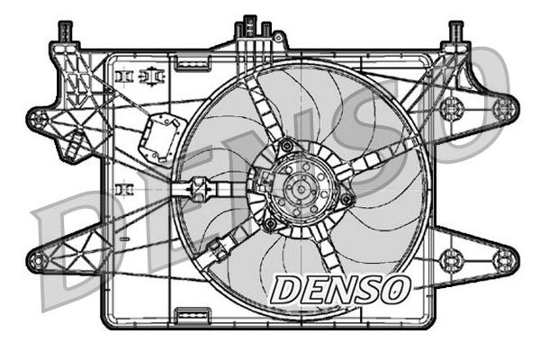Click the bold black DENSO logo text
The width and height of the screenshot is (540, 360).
[x=341, y=290]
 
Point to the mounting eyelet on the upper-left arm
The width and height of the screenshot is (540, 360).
[x=39, y=118]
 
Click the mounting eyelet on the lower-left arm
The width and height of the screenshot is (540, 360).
[x=38, y=261]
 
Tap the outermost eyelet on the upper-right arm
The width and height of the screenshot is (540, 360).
[x=503, y=109]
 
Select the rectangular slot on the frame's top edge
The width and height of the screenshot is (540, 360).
[x=189, y=63]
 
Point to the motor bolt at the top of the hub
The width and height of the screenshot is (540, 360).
[x=287, y=145]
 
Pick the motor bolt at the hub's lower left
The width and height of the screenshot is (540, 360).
[x=269, y=222]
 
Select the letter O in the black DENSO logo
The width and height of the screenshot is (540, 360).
[x=394, y=290]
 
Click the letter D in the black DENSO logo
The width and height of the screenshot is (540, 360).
[x=288, y=290]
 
